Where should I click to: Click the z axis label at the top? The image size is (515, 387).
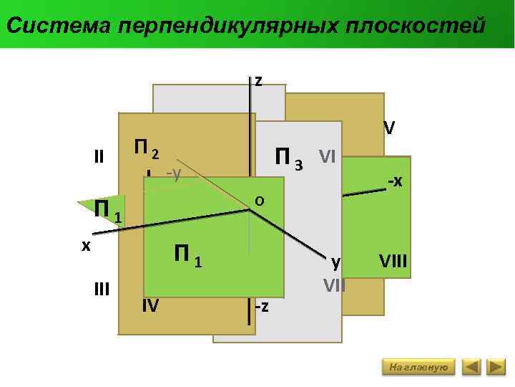[258, 81]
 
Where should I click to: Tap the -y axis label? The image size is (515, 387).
[172, 173]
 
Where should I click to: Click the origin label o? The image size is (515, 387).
[260, 201]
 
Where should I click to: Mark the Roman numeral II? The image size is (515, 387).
[99, 156]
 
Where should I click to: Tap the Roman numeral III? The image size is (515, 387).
[102, 289]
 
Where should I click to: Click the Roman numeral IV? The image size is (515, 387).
[150, 306]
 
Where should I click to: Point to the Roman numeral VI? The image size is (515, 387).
[328, 156]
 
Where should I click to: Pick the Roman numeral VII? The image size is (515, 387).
[334, 285]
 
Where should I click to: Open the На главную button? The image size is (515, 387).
[419, 368]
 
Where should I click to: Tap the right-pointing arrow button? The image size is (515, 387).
[496, 368]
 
